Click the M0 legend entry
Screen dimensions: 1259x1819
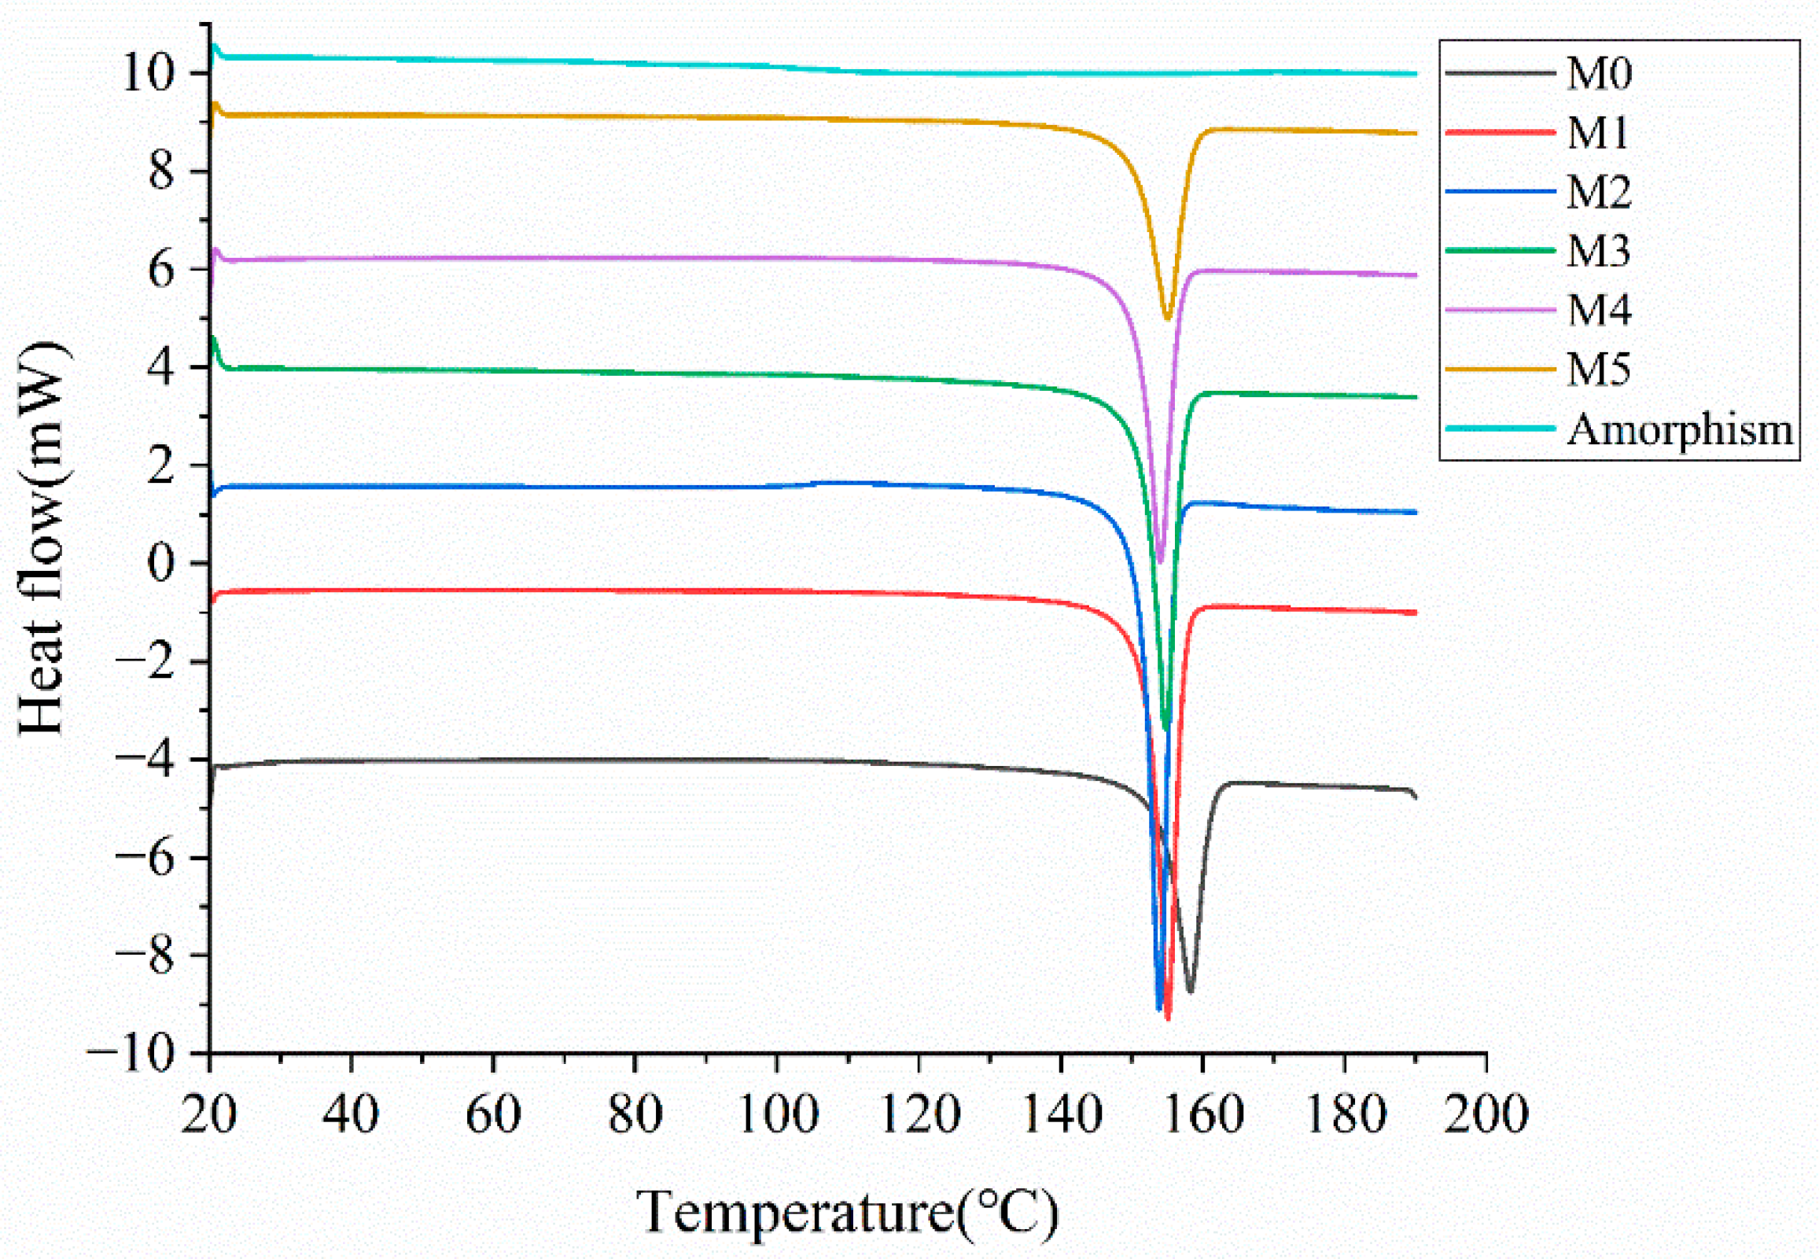click(1598, 74)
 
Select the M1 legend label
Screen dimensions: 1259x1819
click(1598, 133)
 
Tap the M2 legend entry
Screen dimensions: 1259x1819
click(1598, 192)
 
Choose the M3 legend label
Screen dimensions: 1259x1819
click(1598, 251)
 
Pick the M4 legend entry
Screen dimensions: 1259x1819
click(1598, 310)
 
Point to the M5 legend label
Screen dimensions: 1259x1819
click(1598, 369)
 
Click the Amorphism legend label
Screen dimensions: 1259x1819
click(1679, 430)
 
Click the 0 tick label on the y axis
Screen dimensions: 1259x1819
click(163, 564)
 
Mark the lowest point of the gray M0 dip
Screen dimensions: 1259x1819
click(1190, 992)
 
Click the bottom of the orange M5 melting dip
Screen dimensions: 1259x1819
click(1167, 318)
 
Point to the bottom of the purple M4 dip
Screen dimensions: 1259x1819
click(1159, 561)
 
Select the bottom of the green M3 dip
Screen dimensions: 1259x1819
click(1166, 729)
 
